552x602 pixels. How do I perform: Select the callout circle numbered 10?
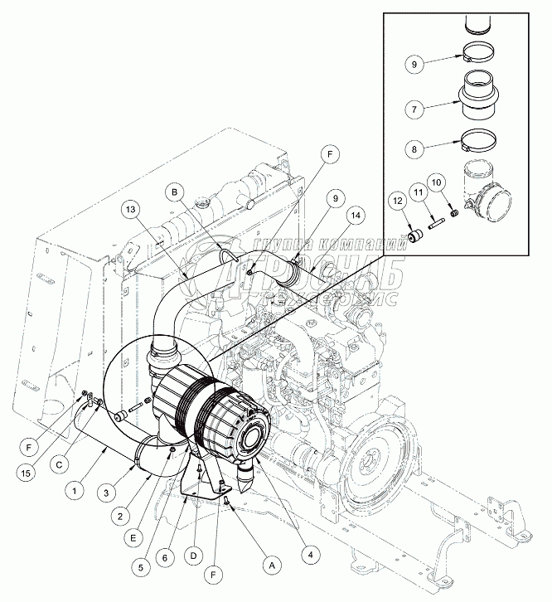(x=438, y=182)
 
